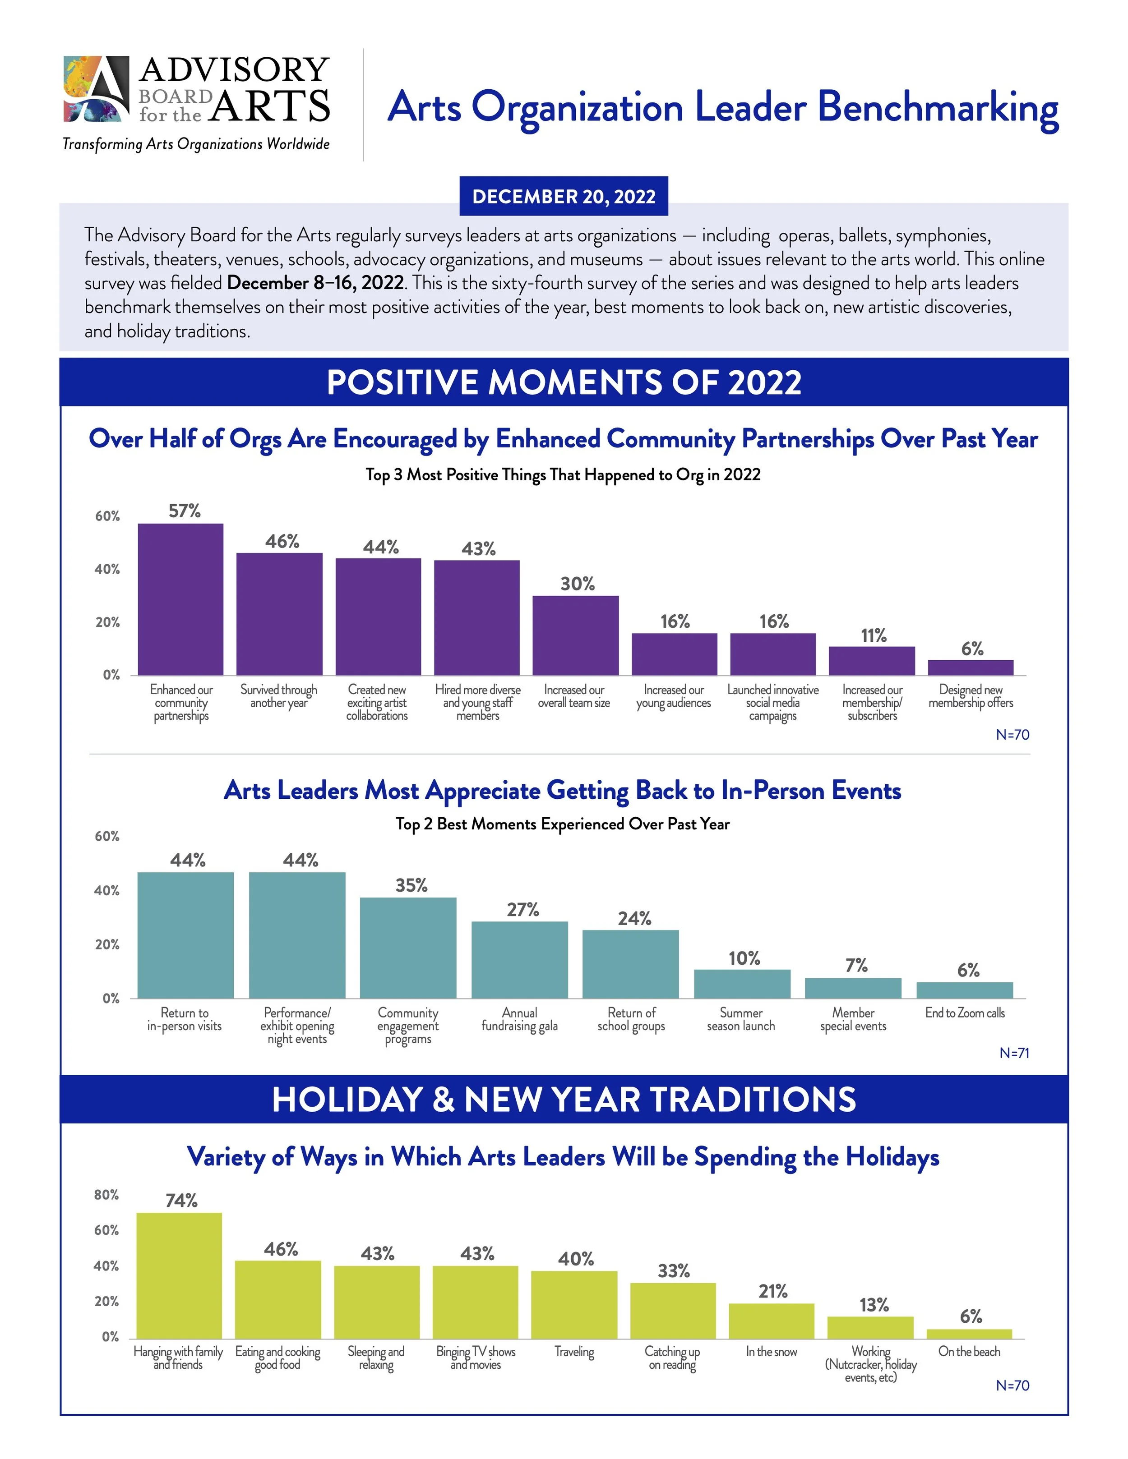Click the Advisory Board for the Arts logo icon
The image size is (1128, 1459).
click(96, 89)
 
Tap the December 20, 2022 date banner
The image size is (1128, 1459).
click(564, 196)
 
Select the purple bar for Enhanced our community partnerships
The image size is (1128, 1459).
click(180, 599)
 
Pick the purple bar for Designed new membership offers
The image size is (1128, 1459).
click(970, 667)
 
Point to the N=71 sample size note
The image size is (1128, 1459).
click(1014, 1053)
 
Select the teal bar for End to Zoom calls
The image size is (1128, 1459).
click(964, 990)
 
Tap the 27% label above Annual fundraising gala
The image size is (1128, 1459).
click(522, 910)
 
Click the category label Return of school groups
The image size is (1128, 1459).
click(631, 1019)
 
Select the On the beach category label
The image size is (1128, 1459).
click(969, 1352)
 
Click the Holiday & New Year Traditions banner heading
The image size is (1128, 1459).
click(564, 1100)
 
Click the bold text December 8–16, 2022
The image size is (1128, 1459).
click(315, 283)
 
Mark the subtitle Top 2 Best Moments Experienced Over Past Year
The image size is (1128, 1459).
click(563, 824)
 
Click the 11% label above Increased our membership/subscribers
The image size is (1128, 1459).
click(874, 635)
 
